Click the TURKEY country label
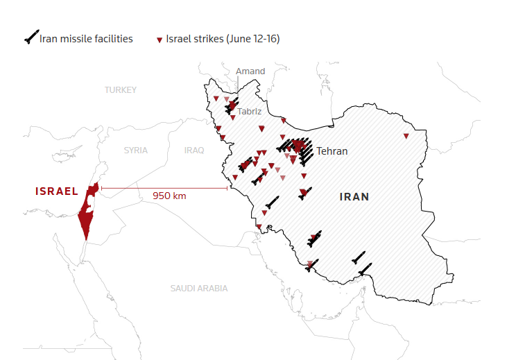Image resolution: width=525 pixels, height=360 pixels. pyautogui.click(x=121, y=90)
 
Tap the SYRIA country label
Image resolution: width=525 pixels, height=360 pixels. pyautogui.click(x=136, y=150)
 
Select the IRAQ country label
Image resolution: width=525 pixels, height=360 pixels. pyautogui.click(x=194, y=150)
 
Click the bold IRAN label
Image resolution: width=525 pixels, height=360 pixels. pyautogui.click(x=354, y=197)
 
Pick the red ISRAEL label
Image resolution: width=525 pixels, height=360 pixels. pyautogui.click(x=57, y=191)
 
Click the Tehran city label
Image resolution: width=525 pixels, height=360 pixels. pyautogui.click(x=332, y=151)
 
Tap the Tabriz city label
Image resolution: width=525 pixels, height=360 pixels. pyautogui.click(x=249, y=111)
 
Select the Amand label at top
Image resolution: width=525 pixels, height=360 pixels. pyautogui.click(x=250, y=71)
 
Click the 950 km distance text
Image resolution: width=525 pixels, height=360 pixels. pyautogui.click(x=169, y=196)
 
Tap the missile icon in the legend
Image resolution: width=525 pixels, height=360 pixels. pyautogui.click(x=31, y=38)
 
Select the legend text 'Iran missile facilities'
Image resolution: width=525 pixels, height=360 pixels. pyautogui.click(x=86, y=39)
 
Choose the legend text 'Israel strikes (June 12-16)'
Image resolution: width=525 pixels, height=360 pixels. pyautogui.click(x=223, y=39)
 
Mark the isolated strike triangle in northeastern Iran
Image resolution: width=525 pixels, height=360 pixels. pyautogui.click(x=406, y=136)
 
